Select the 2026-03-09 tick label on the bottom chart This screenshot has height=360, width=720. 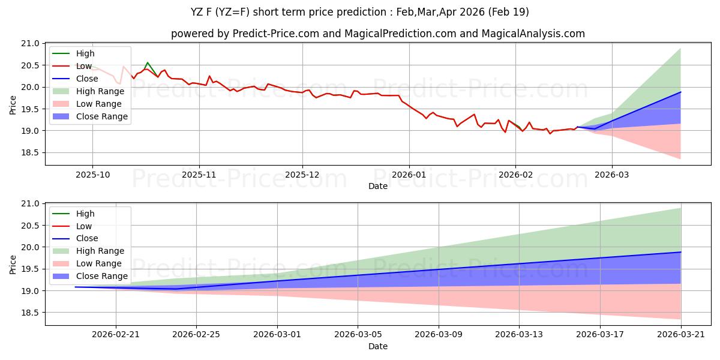pyautogui.click(x=439, y=334)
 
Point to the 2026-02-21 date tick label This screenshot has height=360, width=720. pyautogui.click(x=116, y=334)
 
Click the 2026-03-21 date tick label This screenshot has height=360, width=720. pyautogui.click(x=680, y=334)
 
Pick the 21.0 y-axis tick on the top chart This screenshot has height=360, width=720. pyautogui.click(x=31, y=44)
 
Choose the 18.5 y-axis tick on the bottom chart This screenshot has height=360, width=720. pyautogui.click(x=31, y=313)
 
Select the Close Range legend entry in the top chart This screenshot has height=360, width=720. pyautogui.click(x=101, y=116)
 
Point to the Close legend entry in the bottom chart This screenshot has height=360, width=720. pyautogui.click(x=87, y=238)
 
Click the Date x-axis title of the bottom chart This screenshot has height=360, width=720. pyautogui.click(x=378, y=346)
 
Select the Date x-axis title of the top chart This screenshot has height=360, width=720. pyautogui.click(x=378, y=186)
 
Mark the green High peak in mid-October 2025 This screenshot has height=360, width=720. pyautogui.click(x=148, y=62)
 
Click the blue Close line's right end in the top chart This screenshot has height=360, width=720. pyautogui.click(x=680, y=92)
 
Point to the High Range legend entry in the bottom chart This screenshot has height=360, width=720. pyautogui.click(x=100, y=251)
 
